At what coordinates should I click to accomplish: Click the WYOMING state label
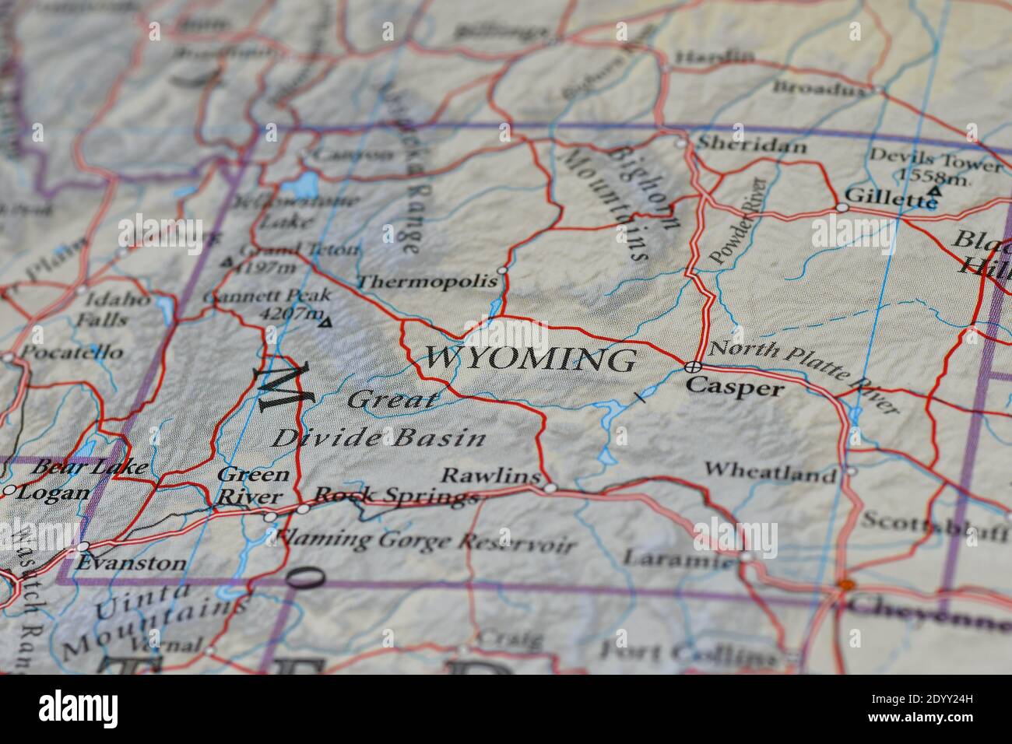tap(529, 360)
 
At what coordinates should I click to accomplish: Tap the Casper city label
tap(734, 387)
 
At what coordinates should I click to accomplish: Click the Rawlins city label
tap(490, 476)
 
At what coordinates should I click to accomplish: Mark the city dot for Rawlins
tap(550, 488)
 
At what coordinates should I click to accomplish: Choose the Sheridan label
tap(740, 144)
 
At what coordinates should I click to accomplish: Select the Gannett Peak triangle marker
tap(325, 321)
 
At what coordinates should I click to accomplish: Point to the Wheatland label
tap(770, 471)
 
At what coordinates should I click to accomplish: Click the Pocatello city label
tap(72, 352)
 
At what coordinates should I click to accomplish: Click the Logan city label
tap(53, 493)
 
